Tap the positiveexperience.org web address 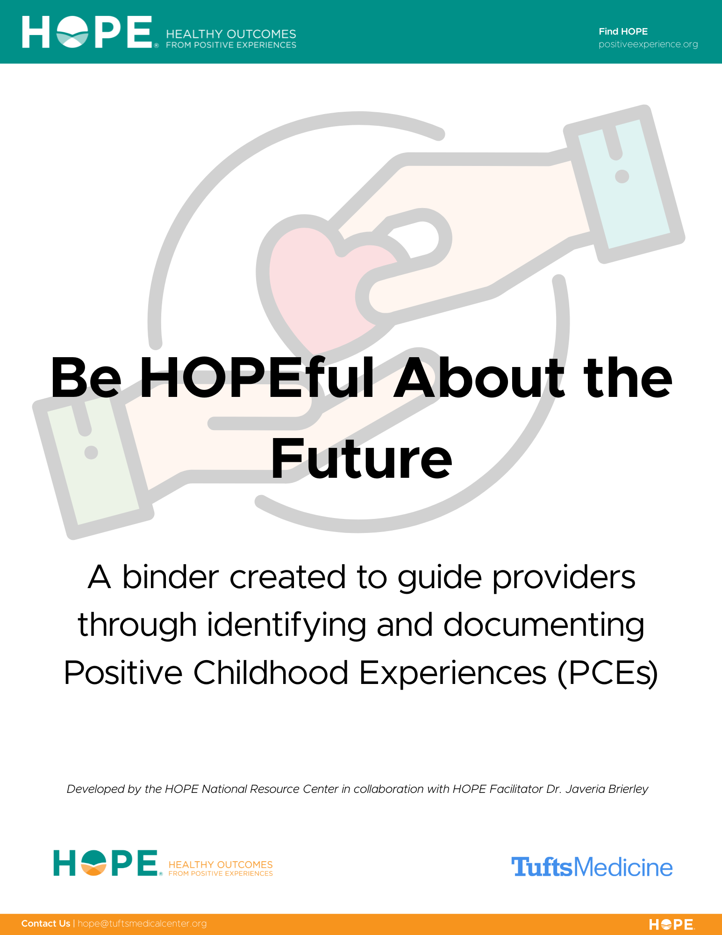pos(648,44)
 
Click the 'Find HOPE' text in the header pos(623,31)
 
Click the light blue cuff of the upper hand pos(624,183)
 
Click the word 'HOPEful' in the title pos(257,378)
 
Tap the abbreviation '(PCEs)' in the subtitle pos(608,673)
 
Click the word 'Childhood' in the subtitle pos(271,673)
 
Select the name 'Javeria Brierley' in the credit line pos(607,789)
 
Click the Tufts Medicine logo pos(592,867)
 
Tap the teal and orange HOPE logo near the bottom pos(163,863)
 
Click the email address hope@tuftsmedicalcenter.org pos(142,923)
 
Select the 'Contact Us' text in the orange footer pos(46,923)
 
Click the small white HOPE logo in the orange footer pos(672,924)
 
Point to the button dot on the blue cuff pos(622,176)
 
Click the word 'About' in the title pos(479,378)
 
